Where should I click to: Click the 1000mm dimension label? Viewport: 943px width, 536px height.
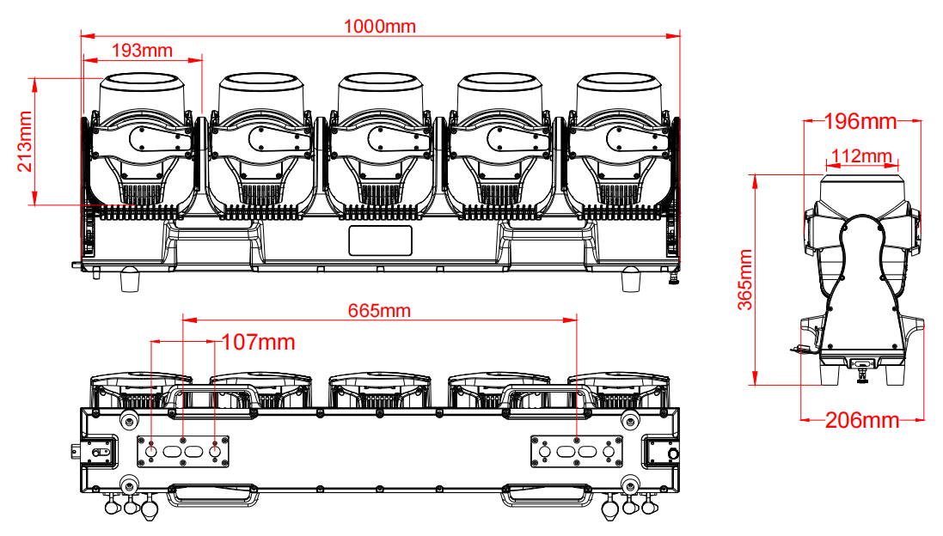(379, 27)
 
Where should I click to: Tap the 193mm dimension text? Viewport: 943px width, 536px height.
(142, 51)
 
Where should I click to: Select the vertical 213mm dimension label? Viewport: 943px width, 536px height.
(25, 141)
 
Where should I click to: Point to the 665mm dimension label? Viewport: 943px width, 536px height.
(379, 311)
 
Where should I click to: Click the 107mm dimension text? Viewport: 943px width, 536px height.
(259, 343)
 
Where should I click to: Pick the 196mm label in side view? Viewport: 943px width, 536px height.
(860, 121)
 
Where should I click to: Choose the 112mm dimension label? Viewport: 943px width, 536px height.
(861, 157)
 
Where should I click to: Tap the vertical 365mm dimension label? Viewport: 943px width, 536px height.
(745, 280)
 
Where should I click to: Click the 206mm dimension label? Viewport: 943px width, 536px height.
(862, 420)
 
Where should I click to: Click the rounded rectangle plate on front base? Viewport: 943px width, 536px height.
(381, 241)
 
